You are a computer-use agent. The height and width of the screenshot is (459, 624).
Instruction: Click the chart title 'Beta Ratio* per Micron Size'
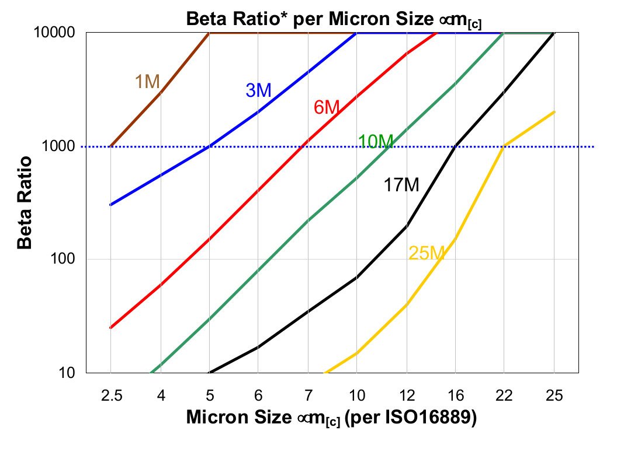[x=337, y=19]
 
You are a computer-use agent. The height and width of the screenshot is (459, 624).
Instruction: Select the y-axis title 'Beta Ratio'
[x=25, y=202]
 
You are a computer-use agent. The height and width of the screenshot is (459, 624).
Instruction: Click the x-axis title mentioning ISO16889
[x=332, y=418]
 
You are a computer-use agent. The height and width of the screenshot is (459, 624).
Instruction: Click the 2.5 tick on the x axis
[x=111, y=397]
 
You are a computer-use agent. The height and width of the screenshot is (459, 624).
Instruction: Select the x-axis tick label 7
[x=308, y=397]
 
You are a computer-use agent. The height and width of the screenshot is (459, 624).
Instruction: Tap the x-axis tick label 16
[x=456, y=397]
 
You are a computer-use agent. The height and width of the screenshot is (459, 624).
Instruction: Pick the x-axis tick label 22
[x=505, y=397]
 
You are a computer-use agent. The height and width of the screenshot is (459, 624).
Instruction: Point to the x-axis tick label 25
[x=554, y=397]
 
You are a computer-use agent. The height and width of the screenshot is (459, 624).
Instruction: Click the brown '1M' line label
[x=147, y=82]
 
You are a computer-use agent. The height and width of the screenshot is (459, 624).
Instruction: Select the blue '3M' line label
[x=258, y=90]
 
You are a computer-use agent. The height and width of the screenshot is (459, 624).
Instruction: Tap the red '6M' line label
[x=326, y=107]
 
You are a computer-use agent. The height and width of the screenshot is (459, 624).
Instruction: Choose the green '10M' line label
[x=376, y=141]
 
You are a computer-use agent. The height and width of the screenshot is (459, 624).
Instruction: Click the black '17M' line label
[x=401, y=185]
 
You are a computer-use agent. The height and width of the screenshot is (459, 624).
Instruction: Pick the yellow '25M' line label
[x=427, y=253]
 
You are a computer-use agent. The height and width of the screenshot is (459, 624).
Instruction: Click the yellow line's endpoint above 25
[x=554, y=112]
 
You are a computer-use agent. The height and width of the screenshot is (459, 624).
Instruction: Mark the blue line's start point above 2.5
[x=111, y=205]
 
